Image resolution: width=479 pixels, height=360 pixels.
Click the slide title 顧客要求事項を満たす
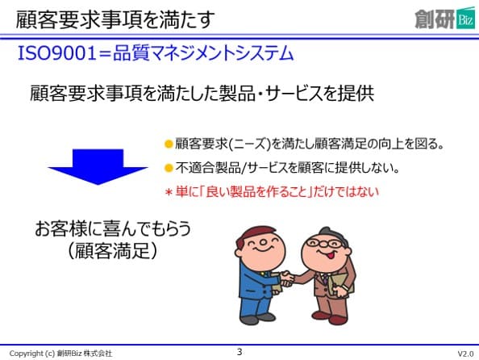(x=115, y=20)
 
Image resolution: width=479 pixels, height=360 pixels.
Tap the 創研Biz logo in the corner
(x=445, y=19)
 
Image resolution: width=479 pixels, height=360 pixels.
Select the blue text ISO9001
(x=57, y=53)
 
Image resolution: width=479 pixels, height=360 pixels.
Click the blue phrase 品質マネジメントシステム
(x=203, y=53)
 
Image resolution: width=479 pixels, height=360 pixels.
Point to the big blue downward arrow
(x=98, y=167)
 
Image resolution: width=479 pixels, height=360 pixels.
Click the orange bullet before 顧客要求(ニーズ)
(x=169, y=144)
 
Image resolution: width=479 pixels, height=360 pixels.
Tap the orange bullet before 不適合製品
(x=169, y=168)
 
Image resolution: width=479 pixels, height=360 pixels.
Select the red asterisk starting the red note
(x=169, y=192)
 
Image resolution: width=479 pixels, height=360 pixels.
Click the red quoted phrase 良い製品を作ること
(x=256, y=192)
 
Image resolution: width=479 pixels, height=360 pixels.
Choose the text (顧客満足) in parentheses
(x=112, y=251)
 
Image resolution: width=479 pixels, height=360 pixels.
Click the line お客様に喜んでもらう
(x=113, y=228)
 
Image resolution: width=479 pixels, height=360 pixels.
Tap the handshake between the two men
(x=286, y=278)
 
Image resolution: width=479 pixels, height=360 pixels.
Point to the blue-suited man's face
(x=261, y=247)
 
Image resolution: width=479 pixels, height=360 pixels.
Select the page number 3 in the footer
(x=240, y=352)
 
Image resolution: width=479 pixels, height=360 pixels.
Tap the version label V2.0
(x=465, y=354)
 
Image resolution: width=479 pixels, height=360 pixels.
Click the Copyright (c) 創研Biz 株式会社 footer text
(x=60, y=354)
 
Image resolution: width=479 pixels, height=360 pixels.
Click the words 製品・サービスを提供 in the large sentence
(x=296, y=94)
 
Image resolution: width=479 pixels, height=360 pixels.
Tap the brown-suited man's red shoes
(x=330, y=317)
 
